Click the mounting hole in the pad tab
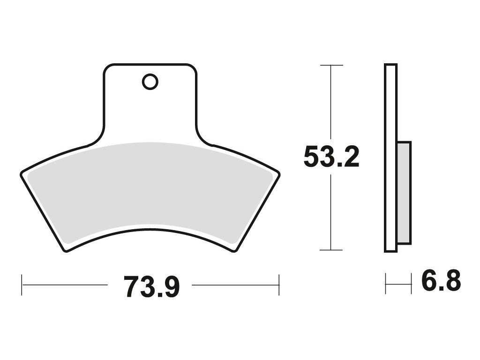(150, 82)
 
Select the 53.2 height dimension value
(331, 156)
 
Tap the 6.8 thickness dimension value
(441, 280)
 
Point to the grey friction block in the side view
(404, 193)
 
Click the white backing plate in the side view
(390, 158)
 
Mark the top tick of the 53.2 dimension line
(331, 65)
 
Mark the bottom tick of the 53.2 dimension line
(331, 250)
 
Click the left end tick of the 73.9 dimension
(22, 285)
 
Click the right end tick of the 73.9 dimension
(279, 285)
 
